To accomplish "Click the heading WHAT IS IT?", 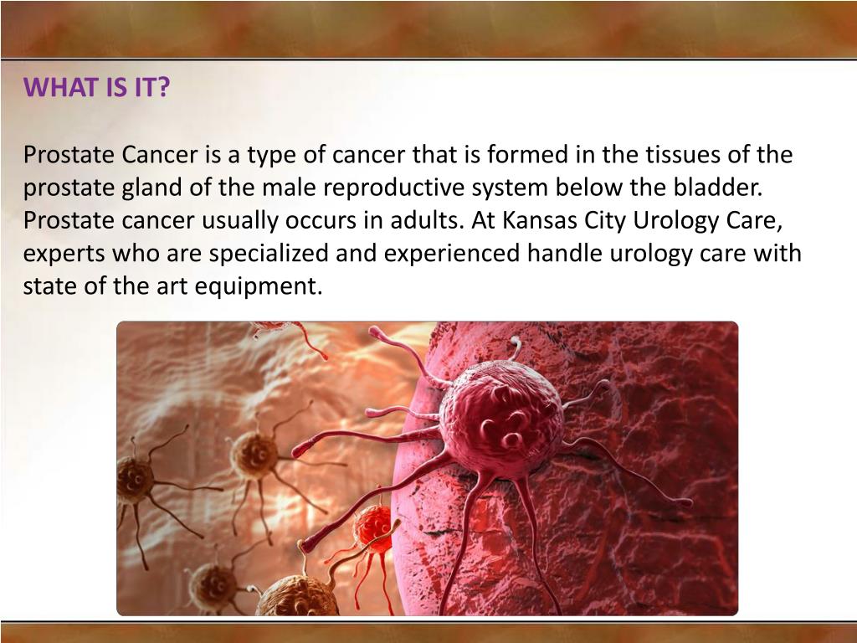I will tap(95, 87).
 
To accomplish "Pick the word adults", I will tap(427, 220).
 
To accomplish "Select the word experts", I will tap(61, 254).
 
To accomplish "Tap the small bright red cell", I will tap(372, 528).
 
